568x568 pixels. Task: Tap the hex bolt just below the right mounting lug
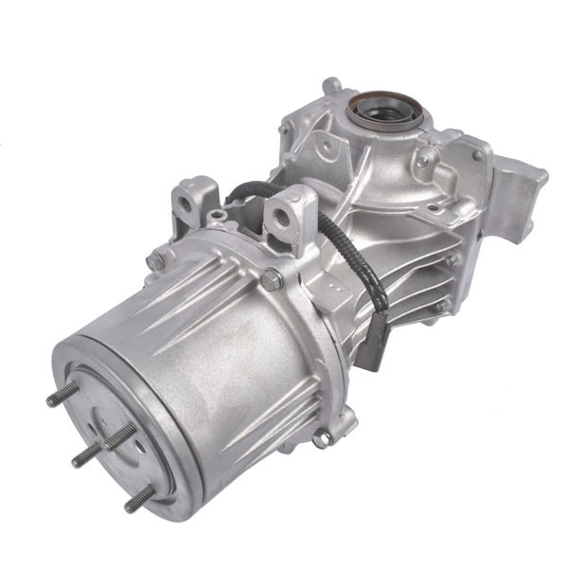(273, 279)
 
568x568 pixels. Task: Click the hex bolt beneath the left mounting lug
(154, 259)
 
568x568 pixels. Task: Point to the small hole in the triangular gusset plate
(326, 147)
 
